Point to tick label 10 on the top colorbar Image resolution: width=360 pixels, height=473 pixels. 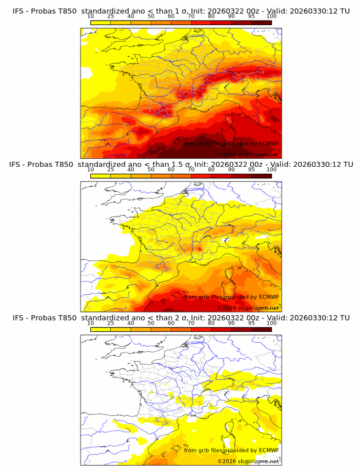pyautogui.click(x=91, y=17)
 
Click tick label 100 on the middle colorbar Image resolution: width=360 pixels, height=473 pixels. pyautogui.click(x=271, y=170)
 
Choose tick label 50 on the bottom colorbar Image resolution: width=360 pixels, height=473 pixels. pyautogui.click(x=151, y=323)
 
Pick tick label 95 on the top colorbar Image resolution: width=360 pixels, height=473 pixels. pyautogui.click(x=251, y=17)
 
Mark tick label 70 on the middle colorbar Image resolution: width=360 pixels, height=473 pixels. pyautogui.click(x=191, y=170)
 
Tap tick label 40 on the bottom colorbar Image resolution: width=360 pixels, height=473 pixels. pyautogui.click(x=131, y=323)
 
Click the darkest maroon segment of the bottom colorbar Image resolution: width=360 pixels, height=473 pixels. pyautogui.click(x=261, y=330)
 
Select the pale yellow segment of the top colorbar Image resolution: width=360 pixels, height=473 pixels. pyautogui.click(x=101, y=22)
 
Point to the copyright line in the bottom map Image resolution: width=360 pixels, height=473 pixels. pyautogui.click(x=248, y=461)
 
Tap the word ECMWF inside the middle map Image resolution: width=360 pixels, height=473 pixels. pyautogui.click(x=269, y=297)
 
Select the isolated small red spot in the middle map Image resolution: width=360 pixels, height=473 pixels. pyautogui.click(x=199, y=248)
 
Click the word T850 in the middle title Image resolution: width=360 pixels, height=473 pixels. pyautogui.click(x=65, y=164)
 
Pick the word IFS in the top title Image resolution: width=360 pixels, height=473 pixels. pyautogui.click(x=19, y=11)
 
